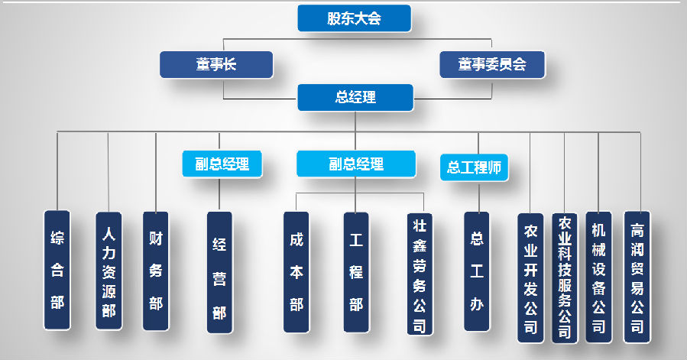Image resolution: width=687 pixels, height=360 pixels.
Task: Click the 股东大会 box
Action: [354, 19]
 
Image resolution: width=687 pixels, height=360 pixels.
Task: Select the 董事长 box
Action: [215, 65]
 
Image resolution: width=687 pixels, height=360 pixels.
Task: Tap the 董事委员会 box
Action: [493, 65]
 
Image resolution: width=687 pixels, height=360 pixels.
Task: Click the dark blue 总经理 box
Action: [355, 97]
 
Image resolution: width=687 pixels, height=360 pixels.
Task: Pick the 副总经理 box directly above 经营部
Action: [222, 164]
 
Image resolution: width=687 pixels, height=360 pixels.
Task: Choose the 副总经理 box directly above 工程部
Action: [355, 164]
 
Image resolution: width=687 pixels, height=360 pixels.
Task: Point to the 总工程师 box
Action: [474, 167]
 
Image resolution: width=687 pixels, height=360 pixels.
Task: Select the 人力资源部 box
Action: [109, 271]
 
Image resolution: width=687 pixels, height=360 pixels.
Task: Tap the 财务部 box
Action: [156, 271]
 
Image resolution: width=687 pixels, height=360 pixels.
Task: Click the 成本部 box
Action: [297, 272]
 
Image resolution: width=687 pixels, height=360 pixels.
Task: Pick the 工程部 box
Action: [356, 272]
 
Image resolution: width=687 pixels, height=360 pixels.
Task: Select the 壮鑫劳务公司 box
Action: [419, 274]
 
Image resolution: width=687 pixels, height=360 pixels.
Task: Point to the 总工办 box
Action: [477, 272]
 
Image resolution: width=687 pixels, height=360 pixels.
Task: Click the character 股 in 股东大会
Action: [333, 19]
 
